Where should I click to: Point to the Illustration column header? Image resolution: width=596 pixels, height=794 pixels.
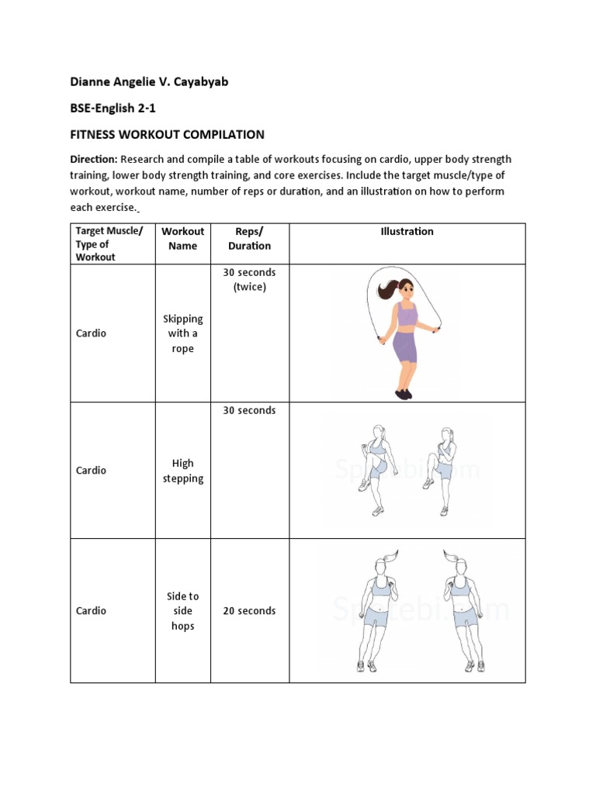407,231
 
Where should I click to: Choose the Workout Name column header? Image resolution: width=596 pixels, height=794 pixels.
182,238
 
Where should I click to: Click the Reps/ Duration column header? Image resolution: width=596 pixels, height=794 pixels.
249,238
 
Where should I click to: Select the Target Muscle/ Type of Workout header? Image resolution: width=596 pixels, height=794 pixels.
109,243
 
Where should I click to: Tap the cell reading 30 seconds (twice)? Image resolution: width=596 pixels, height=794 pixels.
249,279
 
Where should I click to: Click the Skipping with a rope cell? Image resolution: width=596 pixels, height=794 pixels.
182,333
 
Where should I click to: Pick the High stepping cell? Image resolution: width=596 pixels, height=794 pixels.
182,471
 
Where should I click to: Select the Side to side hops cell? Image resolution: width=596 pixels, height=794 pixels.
182,611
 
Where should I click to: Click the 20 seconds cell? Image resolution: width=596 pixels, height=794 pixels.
249,611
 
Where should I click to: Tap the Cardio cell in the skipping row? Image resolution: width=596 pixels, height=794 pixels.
91,333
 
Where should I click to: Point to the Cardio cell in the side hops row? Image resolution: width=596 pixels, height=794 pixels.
91,611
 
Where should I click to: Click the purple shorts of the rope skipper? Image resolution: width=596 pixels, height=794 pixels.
405,347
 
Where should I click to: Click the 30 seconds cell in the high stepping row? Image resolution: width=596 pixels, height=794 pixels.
249,410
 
